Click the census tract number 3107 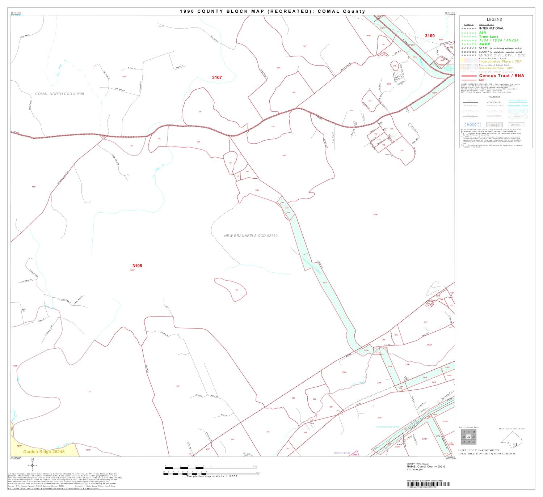(x=217, y=77)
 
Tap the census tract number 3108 (x=137, y=266)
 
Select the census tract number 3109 (x=430, y=36)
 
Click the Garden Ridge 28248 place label (x=44, y=452)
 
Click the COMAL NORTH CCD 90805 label (x=59, y=94)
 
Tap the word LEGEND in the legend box (x=494, y=20)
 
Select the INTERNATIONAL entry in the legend (x=491, y=28)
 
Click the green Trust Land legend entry (x=489, y=37)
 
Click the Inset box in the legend (x=494, y=125)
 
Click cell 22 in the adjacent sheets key (x=469, y=437)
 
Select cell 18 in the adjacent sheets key (x=474, y=432)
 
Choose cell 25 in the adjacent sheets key (x=464, y=442)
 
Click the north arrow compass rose (x=33, y=465)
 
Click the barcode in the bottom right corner (x=427, y=484)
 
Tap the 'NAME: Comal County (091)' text (x=426, y=467)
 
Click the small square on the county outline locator (x=515, y=445)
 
